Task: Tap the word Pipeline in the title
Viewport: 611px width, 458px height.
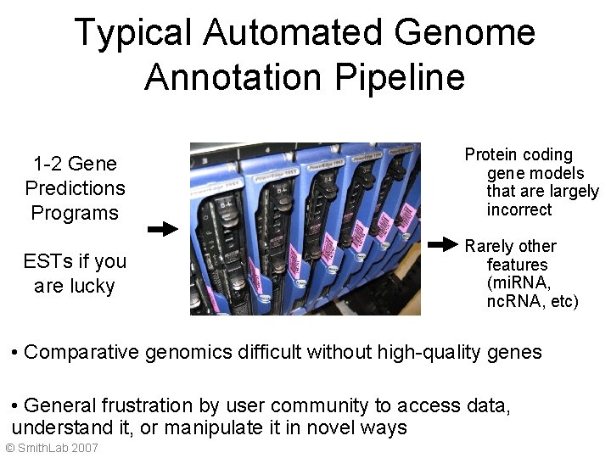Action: (x=400, y=77)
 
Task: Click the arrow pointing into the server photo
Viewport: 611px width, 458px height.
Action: (x=162, y=229)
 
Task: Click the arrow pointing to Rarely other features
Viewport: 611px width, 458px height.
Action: (x=442, y=245)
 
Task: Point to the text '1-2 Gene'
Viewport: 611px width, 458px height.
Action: (x=75, y=164)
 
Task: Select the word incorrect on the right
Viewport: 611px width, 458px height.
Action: (x=519, y=209)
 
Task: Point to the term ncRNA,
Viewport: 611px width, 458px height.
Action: (x=517, y=301)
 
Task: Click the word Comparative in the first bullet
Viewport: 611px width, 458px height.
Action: (x=81, y=353)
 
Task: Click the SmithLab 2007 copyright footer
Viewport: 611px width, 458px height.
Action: (x=52, y=448)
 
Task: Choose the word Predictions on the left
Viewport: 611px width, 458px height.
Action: (x=75, y=188)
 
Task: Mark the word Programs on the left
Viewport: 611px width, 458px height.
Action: (x=74, y=213)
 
